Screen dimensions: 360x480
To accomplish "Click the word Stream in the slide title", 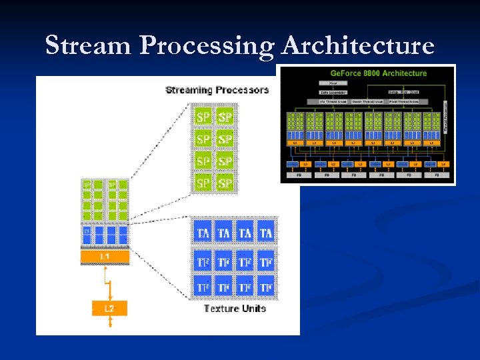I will click(x=88, y=45).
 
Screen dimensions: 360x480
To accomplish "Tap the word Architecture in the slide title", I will click(x=358, y=45).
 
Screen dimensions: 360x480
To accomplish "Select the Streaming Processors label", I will click(x=217, y=90).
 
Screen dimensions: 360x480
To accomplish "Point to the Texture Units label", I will click(x=235, y=308).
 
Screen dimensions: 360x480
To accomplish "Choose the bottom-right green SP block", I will click(x=225, y=182).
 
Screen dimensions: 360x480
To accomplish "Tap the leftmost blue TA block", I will click(x=203, y=233).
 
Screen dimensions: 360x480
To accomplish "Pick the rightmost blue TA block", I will click(x=266, y=233).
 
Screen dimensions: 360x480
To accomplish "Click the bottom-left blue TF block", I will click(x=203, y=287).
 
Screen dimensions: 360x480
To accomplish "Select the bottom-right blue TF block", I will click(x=266, y=287).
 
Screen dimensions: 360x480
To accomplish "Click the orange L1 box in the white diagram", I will click(x=105, y=257).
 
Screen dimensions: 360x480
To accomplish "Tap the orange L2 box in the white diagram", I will click(x=109, y=308).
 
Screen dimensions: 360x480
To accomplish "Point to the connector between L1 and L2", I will click(x=109, y=282).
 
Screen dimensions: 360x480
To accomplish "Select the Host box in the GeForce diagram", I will click(x=333, y=83).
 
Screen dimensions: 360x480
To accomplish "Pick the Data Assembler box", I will click(x=333, y=92).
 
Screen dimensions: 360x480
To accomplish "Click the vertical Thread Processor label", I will click(x=445, y=117).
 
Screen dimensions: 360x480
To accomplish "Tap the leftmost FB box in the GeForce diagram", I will click(x=299, y=175).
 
